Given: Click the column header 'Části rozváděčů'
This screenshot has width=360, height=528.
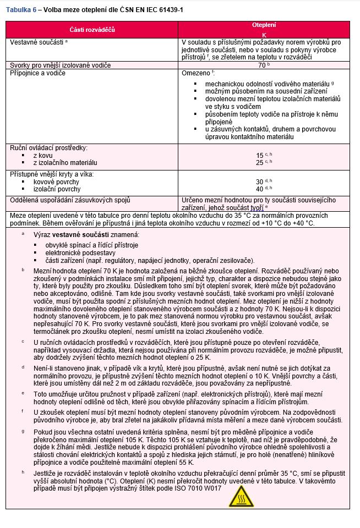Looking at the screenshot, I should click(92, 29).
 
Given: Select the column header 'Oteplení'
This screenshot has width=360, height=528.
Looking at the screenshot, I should click(264, 25).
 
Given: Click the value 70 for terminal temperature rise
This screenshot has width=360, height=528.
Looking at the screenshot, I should click(262, 65).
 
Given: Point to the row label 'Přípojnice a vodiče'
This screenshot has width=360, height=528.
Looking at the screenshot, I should click(39, 73).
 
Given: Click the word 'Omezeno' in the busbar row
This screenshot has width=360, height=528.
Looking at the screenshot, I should click(194, 73).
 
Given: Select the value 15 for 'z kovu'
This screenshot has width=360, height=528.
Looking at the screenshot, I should click(259, 156).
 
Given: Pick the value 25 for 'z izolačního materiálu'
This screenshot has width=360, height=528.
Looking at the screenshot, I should click(259, 163).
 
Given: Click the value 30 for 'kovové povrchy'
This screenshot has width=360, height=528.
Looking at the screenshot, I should click(259, 182).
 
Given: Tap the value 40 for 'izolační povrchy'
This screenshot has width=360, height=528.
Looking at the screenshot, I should click(259, 189).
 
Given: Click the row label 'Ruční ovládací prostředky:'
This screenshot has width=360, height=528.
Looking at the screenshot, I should click(49, 148).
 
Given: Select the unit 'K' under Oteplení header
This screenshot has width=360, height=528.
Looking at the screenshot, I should click(264, 35).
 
